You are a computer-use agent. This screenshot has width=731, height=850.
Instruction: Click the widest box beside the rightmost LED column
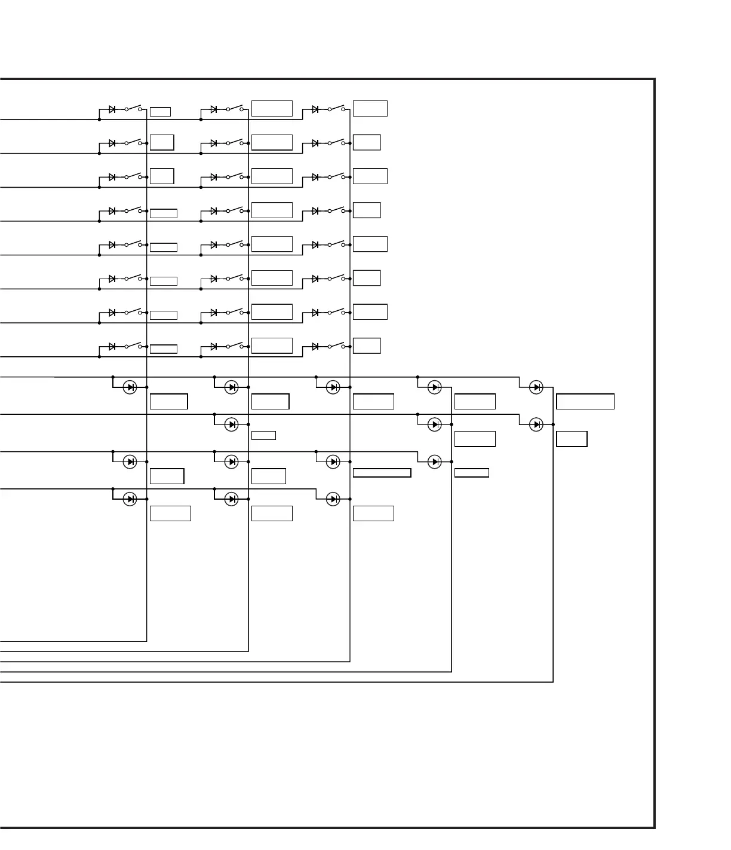[x=585, y=402]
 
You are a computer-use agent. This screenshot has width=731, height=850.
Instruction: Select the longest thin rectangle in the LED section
[x=382, y=473]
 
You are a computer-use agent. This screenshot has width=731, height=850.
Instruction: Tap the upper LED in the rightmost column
[x=536, y=387]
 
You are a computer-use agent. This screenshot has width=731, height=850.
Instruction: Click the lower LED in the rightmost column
[x=536, y=424]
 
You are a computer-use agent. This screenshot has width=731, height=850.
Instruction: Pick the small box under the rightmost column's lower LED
[x=572, y=439]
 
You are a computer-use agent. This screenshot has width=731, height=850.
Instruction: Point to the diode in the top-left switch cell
[x=112, y=109]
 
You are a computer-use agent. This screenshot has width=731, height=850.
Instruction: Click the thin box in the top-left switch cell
[x=160, y=112]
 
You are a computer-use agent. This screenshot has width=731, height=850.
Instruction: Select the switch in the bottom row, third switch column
[x=336, y=346]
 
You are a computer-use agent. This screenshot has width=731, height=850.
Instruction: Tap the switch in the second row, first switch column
[x=133, y=143]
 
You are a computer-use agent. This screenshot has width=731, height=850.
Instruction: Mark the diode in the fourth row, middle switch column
[x=214, y=211]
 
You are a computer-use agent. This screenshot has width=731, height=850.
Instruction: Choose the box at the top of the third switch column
[x=370, y=108]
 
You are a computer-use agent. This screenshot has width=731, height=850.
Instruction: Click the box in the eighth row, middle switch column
[x=272, y=345]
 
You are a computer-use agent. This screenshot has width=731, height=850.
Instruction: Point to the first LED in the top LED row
[x=130, y=387]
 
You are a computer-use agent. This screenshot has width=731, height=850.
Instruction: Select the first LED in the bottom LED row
[x=130, y=499]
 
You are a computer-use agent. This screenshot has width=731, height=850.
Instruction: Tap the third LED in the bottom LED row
[x=333, y=499]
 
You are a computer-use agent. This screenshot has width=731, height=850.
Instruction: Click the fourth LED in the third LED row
[x=435, y=461]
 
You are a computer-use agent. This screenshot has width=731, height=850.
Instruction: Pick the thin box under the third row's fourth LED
[x=472, y=473]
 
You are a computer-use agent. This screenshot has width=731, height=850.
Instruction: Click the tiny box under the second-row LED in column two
[x=263, y=435]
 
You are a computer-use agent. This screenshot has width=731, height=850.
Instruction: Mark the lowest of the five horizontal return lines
[x=275, y=682]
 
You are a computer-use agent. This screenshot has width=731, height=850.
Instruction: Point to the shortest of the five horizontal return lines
[x=72, y=641]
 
